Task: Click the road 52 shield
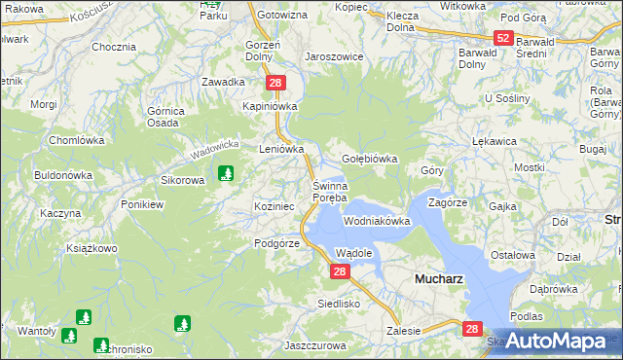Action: click(502, 38)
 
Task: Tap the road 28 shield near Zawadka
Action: click(276, 84)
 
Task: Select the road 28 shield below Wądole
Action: click(339, 272)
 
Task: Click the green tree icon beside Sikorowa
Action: click(227, 173)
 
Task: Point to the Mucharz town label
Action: click(438, 277)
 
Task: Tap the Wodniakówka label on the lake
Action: click(377, 221)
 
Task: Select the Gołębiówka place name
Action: click(370, 159)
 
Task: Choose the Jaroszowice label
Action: click(334, 56)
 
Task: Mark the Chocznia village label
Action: click(113, 47)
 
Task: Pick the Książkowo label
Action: click(92, 248)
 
